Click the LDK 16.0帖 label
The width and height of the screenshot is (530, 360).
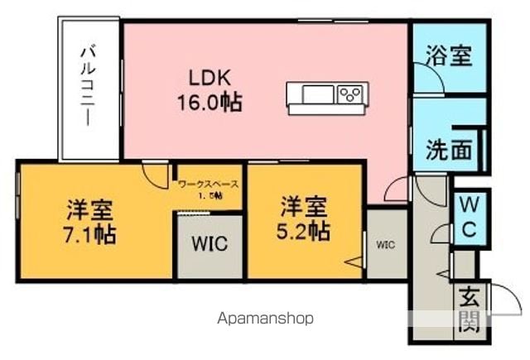pos(210,90)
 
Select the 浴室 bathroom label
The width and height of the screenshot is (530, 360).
pos(448,55)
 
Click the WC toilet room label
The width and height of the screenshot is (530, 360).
pos(470,217)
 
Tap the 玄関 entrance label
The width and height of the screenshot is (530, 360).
pos(470,309)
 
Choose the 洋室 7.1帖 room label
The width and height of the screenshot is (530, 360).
pos(90,222)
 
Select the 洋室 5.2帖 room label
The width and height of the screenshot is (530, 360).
pos(304,218)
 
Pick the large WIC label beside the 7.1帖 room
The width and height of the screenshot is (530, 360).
pos(210,243)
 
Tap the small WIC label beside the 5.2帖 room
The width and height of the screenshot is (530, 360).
pos(385,244)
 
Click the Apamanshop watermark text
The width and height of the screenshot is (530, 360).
pos(265,319)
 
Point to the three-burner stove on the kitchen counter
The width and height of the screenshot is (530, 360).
pos(349,94)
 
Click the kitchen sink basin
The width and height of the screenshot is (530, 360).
pos(318,94)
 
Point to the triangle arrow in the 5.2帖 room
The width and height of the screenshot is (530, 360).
pos(354,262)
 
